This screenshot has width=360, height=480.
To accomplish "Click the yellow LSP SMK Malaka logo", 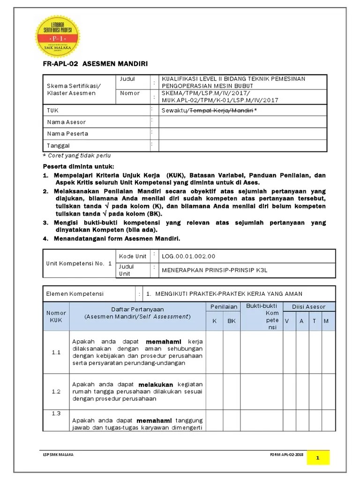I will tap(58, 36).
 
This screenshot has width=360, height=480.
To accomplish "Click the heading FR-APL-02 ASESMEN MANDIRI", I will tap(95, 64).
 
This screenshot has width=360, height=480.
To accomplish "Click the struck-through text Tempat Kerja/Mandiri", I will tap(220, 111).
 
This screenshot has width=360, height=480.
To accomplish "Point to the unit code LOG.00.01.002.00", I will tap(188, 256).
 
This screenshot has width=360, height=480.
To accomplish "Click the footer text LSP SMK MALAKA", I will tap(58, 455).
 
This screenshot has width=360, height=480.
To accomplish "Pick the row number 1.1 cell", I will tap(56, 352).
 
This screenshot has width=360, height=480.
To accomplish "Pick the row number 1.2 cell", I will tap(56, 392).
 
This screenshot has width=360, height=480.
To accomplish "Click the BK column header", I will tap(232, 321).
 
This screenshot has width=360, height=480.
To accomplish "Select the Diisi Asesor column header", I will tap(308, 307).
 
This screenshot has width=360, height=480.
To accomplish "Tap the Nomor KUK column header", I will tap(56, 316).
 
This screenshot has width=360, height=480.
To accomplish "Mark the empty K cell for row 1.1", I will tap(214, 352).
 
